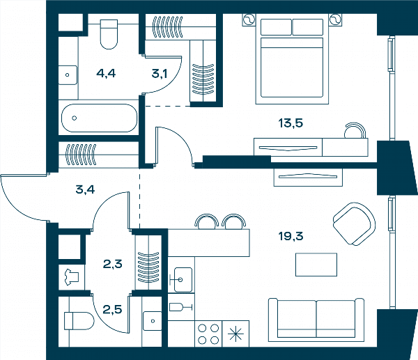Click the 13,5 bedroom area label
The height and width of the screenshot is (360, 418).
point(291,124)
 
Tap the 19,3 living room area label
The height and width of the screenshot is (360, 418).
point(291,236)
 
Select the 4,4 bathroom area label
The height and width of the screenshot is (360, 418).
point(106,73)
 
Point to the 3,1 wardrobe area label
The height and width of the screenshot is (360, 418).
point(160,74)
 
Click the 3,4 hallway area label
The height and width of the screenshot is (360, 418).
point(85,189)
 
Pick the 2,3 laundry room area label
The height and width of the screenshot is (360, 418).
point(112,264)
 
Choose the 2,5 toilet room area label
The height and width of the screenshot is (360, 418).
point(112,310)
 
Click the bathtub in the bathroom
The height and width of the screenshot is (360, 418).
point(99,118)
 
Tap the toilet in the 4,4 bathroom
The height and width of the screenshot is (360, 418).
point(109,34)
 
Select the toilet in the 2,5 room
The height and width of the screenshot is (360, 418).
point(79,321)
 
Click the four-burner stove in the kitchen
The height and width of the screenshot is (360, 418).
point(208,334)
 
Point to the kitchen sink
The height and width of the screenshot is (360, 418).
point(183,280)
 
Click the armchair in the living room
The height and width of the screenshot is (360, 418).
point(354,224)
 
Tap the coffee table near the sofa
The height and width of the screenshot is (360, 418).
point(316,265)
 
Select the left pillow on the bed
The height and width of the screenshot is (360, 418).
point(276,27)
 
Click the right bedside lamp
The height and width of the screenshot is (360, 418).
point(335,19)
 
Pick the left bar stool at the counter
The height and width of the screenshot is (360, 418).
point(207,221)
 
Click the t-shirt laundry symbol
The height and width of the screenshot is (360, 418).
point(71,277)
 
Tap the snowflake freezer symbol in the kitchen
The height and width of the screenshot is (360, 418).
point(236,334)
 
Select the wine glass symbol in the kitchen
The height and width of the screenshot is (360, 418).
point(180,307)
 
